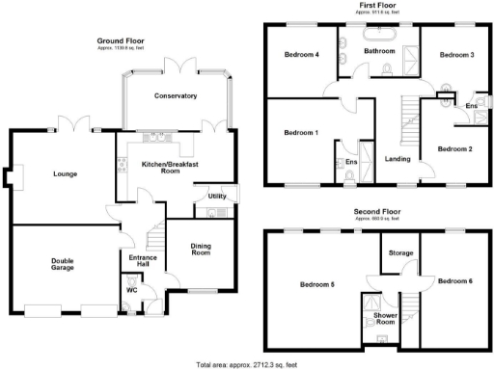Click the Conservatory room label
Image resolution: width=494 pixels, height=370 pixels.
(x=175, y=95)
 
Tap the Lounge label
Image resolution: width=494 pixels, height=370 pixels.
(x=65, y=173)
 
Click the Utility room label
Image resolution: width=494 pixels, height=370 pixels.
(x=217, y=197)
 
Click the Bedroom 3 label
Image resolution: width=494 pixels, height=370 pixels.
(x=456, y=55)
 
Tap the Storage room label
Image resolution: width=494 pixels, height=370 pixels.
(x=399, y=252)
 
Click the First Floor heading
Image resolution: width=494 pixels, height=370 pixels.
(x=377, y=5)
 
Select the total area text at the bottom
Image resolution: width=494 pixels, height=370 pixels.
(x=246, y=364)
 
